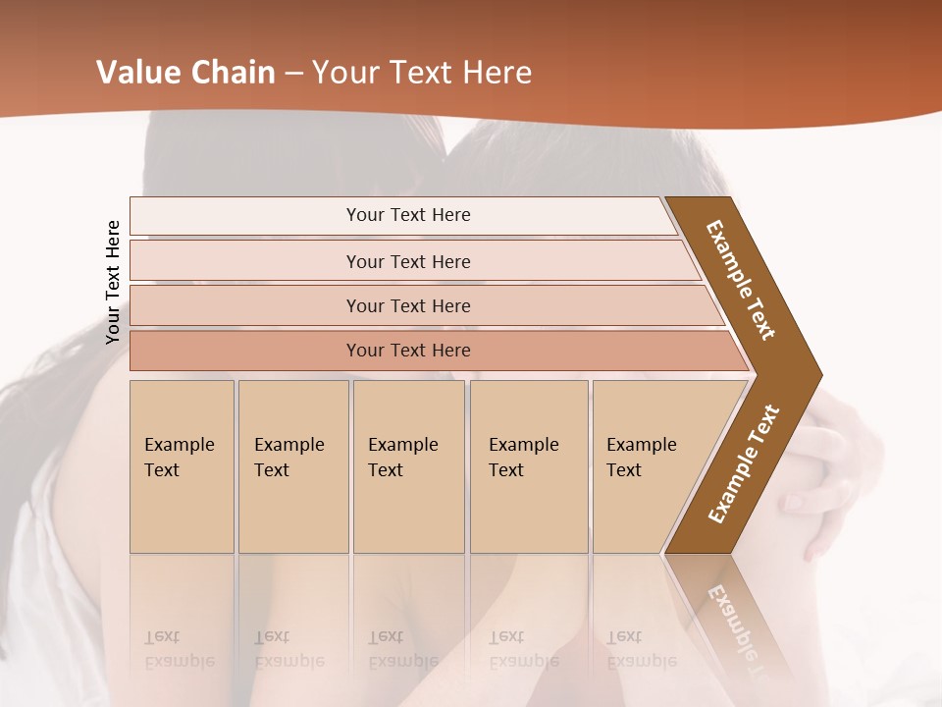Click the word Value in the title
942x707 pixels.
(136, 73)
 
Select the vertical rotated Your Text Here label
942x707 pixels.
(113, 282)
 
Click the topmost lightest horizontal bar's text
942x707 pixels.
(408, 215)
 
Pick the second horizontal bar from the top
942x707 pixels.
(408, 261)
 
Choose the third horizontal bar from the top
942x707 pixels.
(408, 305)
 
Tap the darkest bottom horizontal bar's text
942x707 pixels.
(408, 351)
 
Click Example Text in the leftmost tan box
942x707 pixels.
(179, 458)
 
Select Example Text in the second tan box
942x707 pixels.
(288, 458)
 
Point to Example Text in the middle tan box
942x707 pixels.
(402, 458)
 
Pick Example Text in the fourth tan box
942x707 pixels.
(523, 458)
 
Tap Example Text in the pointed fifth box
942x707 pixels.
(641, 458)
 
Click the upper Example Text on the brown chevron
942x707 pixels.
(742, 280)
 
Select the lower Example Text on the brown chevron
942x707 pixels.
(744, 464)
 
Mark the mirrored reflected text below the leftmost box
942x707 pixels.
(179, 649)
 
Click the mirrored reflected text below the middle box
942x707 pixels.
(402, 649)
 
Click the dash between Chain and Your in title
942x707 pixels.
(293, 74)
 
